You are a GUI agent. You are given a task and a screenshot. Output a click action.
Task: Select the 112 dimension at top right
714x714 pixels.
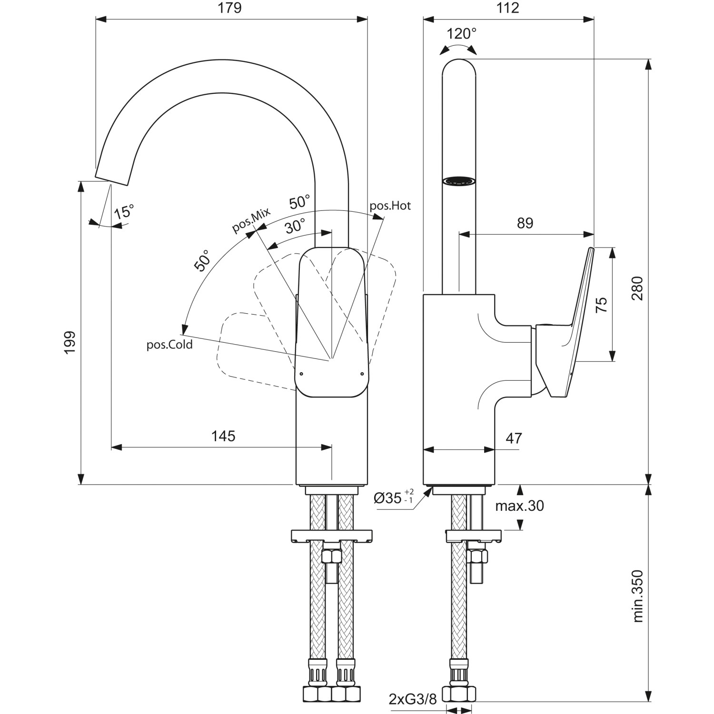(x=508, y=8)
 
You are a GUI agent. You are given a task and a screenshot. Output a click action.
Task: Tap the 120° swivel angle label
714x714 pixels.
(x=461, y=34)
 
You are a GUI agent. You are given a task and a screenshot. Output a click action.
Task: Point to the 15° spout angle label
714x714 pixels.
(x=124, y=211)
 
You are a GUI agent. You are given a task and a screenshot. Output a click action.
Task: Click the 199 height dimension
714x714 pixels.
(x=70, y=342)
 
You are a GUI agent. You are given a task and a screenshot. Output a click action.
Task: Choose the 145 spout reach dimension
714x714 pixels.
(x=223, y=436)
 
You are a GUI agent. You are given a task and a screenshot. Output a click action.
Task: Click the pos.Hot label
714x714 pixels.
(x=390, y=206)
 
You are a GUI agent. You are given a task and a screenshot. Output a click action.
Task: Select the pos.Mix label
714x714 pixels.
(x=251, y=220)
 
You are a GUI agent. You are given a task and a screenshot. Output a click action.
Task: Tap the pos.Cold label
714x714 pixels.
(x=169, y=345)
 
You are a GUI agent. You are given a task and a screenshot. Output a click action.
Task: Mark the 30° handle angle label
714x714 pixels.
(x=296, y=226)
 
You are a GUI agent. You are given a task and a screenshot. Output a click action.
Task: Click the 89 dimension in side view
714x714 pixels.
(x=525, y=223)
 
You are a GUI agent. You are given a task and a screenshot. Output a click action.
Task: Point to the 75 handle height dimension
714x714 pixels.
(x=602, y=304)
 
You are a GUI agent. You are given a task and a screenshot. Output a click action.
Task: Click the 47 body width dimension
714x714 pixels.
(x=514, y=438)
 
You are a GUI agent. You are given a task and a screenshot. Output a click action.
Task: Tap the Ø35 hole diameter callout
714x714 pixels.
(x=393, y=498)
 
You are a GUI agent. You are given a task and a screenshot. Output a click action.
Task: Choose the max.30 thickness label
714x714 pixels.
(x=519, y=506)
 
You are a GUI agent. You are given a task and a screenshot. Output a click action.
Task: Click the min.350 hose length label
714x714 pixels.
(x=638, y=596)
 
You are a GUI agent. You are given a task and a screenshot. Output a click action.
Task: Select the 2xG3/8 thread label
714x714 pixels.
(x=412, y=699)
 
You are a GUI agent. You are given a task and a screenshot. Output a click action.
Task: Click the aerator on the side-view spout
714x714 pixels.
(x=459, y=181)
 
